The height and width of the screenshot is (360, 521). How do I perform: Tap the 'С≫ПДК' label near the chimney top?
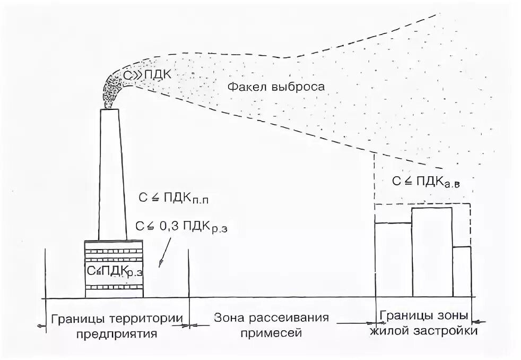point(146,75)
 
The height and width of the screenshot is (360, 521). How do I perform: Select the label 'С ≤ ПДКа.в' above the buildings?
point(425,181)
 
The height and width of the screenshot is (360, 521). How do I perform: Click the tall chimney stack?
point(112,175)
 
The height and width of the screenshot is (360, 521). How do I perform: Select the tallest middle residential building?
point(431,252)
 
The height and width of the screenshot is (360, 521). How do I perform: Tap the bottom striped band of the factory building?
point(114,287)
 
